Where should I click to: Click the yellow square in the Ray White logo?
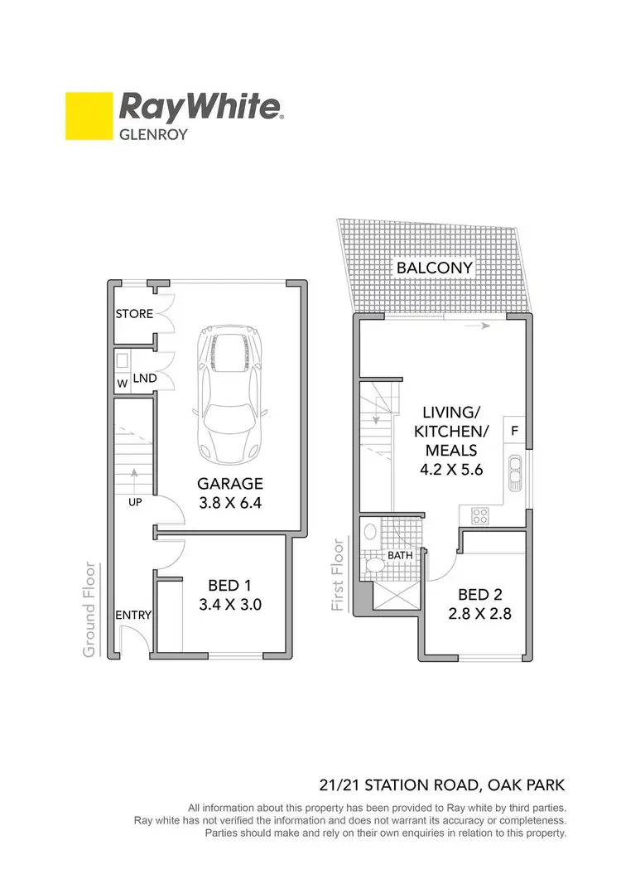88,116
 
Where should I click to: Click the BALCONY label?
435,268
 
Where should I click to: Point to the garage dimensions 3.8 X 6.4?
229,502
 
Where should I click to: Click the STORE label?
134,314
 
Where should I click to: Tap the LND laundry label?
146,379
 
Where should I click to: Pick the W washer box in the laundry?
123,384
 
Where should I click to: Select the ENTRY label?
133,615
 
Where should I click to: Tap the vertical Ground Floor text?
89,611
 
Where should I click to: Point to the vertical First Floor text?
338,576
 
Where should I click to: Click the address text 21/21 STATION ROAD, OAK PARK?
443,785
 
